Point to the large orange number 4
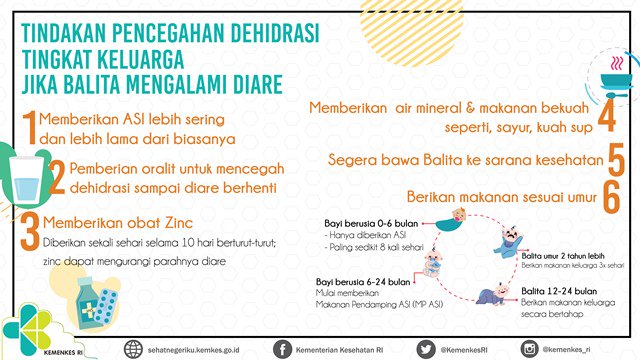(x=606, y=117)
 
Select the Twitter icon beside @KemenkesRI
(x=423, y=348)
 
